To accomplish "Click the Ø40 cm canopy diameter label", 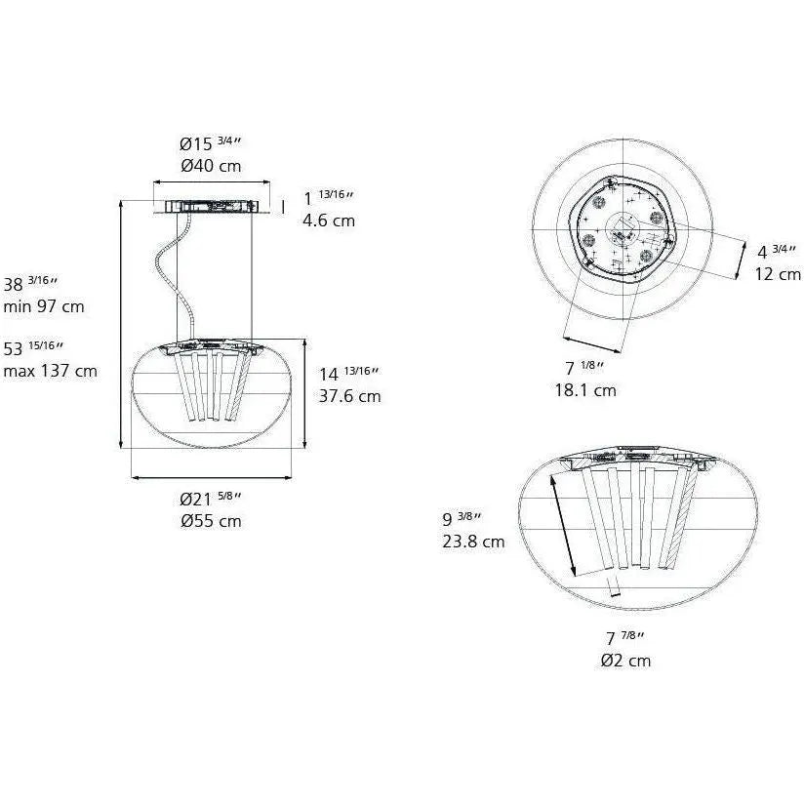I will (x=211, y=166).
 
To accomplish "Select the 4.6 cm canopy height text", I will (x=329, y=221).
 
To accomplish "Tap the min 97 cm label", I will (x=44, y=306).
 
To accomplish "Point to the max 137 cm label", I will (x=50, y=371).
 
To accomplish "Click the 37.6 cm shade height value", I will (x=350, y=396).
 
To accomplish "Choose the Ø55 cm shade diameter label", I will (x=211, y=521).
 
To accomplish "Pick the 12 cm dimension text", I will (x=777, y=274).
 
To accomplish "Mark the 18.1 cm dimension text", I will (x=585, y=390).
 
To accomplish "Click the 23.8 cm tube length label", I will (x=473, y=542).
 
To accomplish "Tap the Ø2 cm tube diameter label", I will (x=625, y=661).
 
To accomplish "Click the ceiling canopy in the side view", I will (x=212, y=206).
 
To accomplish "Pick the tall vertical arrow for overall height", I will (x=120, y=322).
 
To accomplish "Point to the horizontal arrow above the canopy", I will (x=212, y=182).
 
